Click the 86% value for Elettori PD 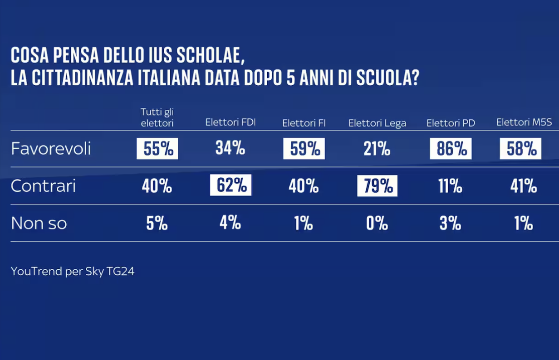[451, 149]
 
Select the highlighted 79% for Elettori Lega [377, 186]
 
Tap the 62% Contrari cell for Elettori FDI [230, 186]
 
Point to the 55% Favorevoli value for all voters [157, 149]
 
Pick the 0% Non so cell [377, 223]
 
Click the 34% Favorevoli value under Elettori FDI [230, 149]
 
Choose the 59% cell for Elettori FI [304, 149]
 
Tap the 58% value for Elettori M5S [520, 149]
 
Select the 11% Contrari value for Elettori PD [451, 186]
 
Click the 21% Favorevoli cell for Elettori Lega [377, 149]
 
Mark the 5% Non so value [157, 223]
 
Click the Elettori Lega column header [377, 123]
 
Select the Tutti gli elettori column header [157, 117]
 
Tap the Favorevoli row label [51, 149]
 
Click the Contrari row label [43, 186]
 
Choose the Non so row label [39, 223]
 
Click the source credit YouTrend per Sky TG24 [73, 272]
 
